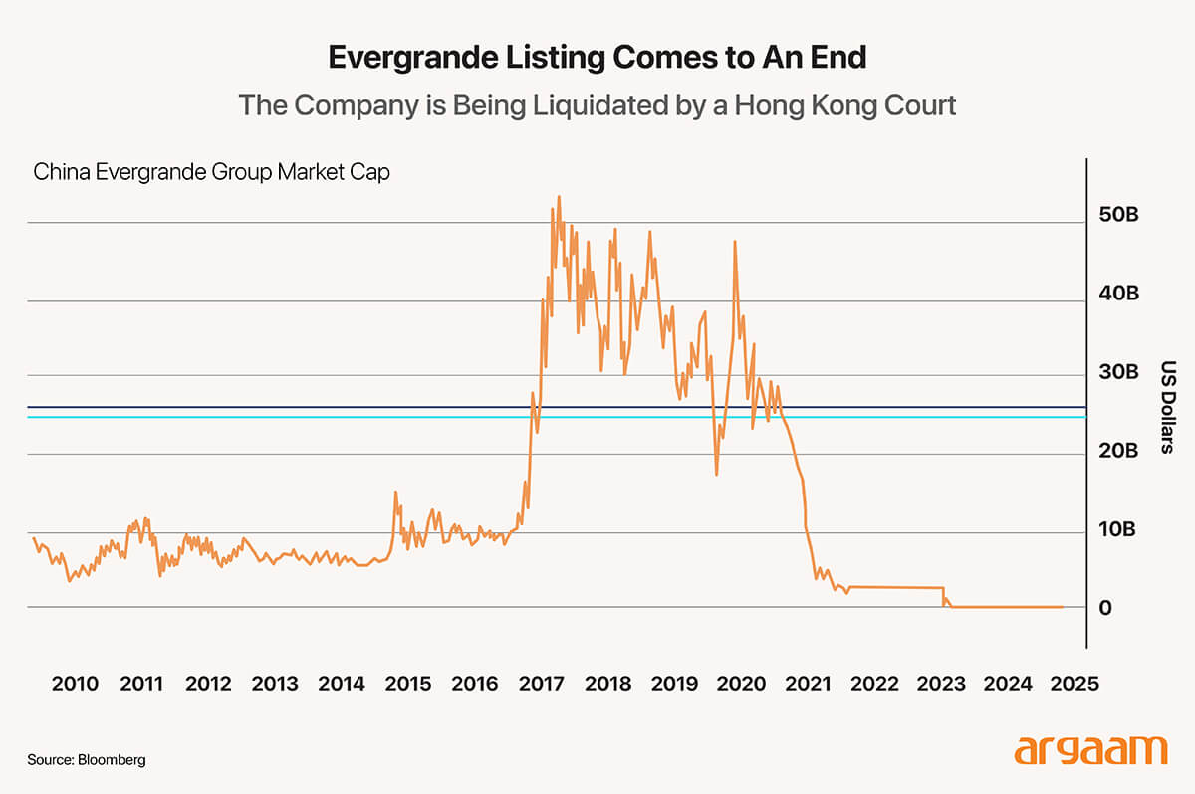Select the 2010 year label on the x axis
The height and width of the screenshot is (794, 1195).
pyautogui.click(x=75, y=685)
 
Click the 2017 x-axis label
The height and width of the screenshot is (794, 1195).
pyautogui.click(x=541, y=685)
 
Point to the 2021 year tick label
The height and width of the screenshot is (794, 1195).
pyautogui.click(x=808, y=685)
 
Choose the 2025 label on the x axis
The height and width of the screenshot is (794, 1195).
pyautogui.click(x=1075, y=685)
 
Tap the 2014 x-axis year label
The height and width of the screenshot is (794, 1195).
pyautogui.click(x=342, y=685)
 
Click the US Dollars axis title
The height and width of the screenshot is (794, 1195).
pyautogui.click(x=1169, y=407)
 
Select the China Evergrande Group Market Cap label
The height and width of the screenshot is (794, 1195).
pyautogui.click(x=211, y=172)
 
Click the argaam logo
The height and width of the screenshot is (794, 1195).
pyautogui.click(x=1090, y=749)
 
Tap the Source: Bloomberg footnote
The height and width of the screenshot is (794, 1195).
pyautogui.click(x=87, y=759)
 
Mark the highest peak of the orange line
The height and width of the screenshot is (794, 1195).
pyautogui.click(x=559, y=197)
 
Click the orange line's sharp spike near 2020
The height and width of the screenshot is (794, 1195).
pyautogui.click(x=735, y=242)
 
